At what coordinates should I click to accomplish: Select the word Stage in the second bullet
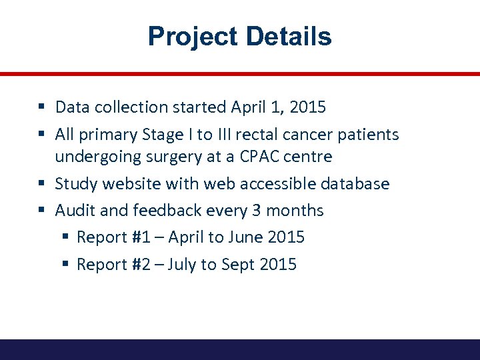(163, 135)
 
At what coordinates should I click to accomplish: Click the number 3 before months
(257, 211)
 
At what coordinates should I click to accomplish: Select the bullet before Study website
(41, 183)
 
